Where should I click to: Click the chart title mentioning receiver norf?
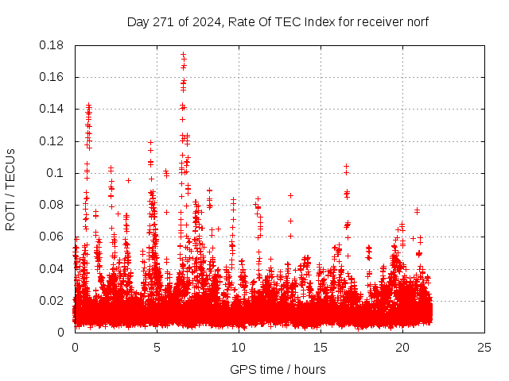[x=278, y=21]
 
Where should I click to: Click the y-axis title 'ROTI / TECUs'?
[x=10, y=189]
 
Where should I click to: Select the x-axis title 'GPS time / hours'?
[x=278, y=369]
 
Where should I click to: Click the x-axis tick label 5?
[x=157, y=347]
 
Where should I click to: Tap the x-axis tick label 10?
[x=239, y=347]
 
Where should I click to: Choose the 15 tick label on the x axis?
[x=321, y=347]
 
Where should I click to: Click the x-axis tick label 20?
[x=402, y=347]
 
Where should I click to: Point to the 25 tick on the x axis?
[x=484, y=347]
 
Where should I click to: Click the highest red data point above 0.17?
[x=183, y=55]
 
